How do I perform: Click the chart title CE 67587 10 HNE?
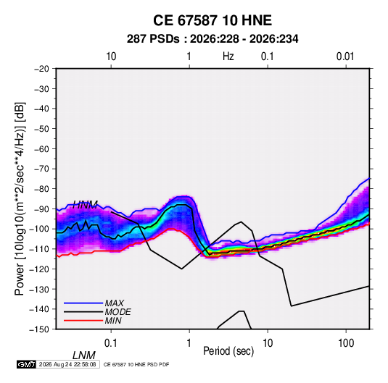pos(212,20)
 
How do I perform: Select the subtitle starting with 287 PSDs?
pos(212,39)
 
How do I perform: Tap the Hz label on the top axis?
pos(228,56)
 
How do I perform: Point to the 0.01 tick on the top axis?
pos(345,56)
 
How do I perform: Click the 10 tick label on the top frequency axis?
pos(111,56)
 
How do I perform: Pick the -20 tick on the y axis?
pos(41,69)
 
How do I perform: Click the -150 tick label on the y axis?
pos(39,329)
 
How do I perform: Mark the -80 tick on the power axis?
pos(41,189)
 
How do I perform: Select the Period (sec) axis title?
pos(228,351)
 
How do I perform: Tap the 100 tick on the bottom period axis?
pos(346,343)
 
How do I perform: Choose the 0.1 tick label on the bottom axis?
pos(110,343)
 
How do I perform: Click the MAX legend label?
pos(115,303)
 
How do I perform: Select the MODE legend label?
pos(117,312)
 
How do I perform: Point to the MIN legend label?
pos(113,321)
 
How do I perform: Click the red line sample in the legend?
pos(83,321)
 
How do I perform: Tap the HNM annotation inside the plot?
pos(85,205)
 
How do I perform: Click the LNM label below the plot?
pos(83,355)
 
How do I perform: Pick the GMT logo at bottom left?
pos(27,364)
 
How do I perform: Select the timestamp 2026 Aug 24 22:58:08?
pos(67,364)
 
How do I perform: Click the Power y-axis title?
pos(20,198)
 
